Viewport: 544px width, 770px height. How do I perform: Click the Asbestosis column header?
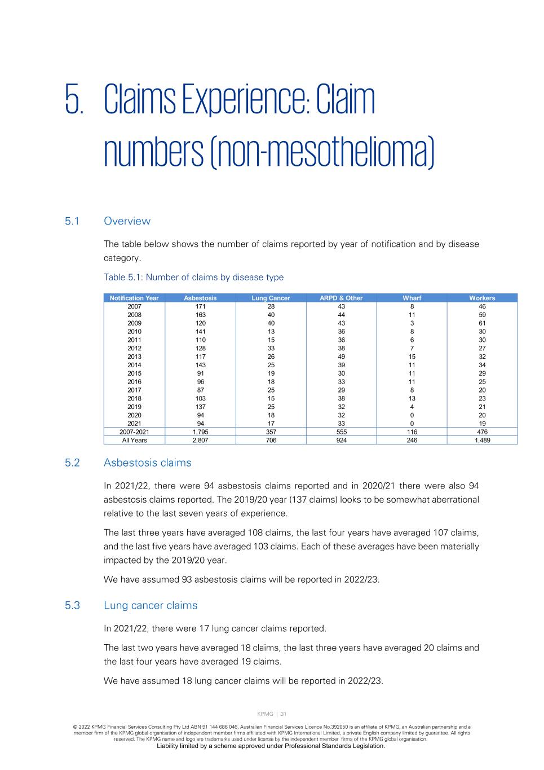(x=200, y=298)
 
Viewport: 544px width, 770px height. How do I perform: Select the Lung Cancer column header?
(x=271, y=298)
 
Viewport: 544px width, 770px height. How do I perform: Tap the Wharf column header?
(x=412, y=298)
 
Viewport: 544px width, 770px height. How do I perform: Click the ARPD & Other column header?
(x=341, y=298)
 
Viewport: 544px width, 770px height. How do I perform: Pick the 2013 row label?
(x=134, y=357)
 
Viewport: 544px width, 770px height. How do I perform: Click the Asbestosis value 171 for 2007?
(x=200, y=306)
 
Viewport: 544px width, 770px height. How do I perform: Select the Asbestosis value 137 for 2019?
(x=200, y=407)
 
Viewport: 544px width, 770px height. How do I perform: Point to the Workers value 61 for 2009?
(x=482, y=323)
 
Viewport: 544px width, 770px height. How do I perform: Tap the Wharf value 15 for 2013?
(x=412, y=357)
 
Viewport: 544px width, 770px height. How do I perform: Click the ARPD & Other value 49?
(x=341, y=357)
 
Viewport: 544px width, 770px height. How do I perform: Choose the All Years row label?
(x=134, y=441)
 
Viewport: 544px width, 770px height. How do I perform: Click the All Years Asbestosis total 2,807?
(x=200, y=441)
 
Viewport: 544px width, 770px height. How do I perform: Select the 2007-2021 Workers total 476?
(x=482, y=432)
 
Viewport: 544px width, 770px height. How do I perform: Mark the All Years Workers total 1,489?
(x=482, y=441)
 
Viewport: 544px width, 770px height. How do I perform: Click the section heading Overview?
(x=127, y=221)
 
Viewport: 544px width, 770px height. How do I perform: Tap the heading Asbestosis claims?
(x=147, y=463)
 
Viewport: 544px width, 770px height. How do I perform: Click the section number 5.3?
(x=73, y=605)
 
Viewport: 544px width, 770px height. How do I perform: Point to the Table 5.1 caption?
(x=193, y=278)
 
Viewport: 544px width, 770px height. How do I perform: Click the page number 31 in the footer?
(x=283, y=714)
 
